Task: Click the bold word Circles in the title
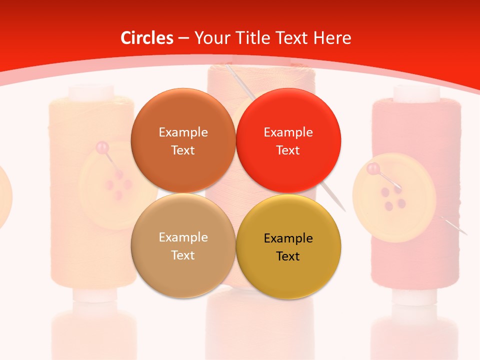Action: pos(147,38)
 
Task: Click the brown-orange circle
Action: pos(183,140)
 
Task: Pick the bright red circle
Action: pos(288,140)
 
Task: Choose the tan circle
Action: pos(183,245)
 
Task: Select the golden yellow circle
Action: pos(288,245)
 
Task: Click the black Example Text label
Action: pos(288,247)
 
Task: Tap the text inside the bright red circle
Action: pos(288,141)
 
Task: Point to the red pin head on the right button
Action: pos(372,169)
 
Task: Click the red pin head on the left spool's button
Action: pos(102,147)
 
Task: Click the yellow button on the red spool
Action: pos(387,197)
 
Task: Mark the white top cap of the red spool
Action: pos(416,92)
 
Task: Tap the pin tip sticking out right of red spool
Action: pos(465,233)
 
